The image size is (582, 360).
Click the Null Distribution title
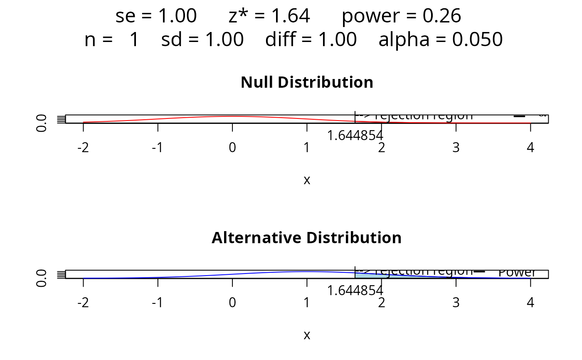coord(307,82)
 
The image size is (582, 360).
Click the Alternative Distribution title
coord(307,238)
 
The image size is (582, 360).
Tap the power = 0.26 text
coord(401,16)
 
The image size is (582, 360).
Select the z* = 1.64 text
coord(269,16)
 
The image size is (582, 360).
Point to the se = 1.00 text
coord(156,16)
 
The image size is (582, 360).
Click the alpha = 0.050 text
coord(441,40)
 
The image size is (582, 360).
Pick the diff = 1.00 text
coord(311,40)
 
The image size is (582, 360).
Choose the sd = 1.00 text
coord(202,40)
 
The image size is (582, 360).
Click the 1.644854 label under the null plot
coord(355,135)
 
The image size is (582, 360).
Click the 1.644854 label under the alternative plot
coord(355,291)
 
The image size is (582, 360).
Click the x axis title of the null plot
coord(307,180)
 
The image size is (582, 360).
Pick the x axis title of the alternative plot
coord(307,335)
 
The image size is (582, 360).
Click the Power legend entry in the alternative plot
coord(517,273)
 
